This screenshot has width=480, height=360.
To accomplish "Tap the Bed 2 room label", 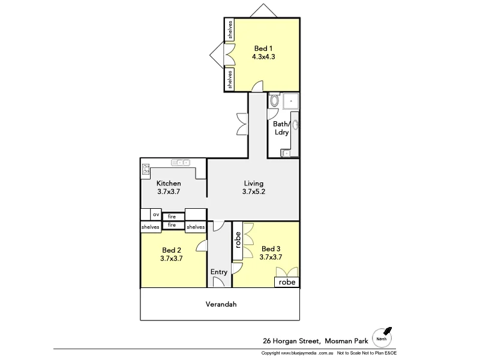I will pyautogui.click(x=172, y=250).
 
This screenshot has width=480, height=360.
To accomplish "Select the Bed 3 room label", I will pyautogui.click(x=271, y=248).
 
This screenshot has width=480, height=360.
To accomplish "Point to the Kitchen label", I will pyautogui.click(x=169, y=183).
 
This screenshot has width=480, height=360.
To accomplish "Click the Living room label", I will pyautogui.click(x=253, y=183).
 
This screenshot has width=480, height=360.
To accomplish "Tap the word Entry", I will pyautogui.click(x=219, y=272).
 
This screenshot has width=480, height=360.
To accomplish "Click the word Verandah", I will pyautogui.click(x=221, y=304).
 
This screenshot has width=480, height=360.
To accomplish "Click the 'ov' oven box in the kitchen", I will pyautogui.click(x=155, y=214).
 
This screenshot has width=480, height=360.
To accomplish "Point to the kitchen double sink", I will pyautogui.click(x=181, y=162).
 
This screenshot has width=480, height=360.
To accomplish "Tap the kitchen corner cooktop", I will pyautogui.click(x=146, y=169).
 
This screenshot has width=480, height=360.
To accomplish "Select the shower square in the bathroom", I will pyautogui.click(x=291, y=101).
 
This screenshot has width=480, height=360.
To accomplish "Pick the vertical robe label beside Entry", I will pyautogui.click(x=238, y=241).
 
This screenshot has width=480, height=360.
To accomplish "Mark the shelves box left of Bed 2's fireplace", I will pyautogui.click(x=150, y=227).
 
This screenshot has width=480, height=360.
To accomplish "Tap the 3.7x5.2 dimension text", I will pyautogui.click(x=253, y=192).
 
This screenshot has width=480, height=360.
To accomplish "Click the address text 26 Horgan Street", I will pyautogui.click(x=292, y=340).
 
